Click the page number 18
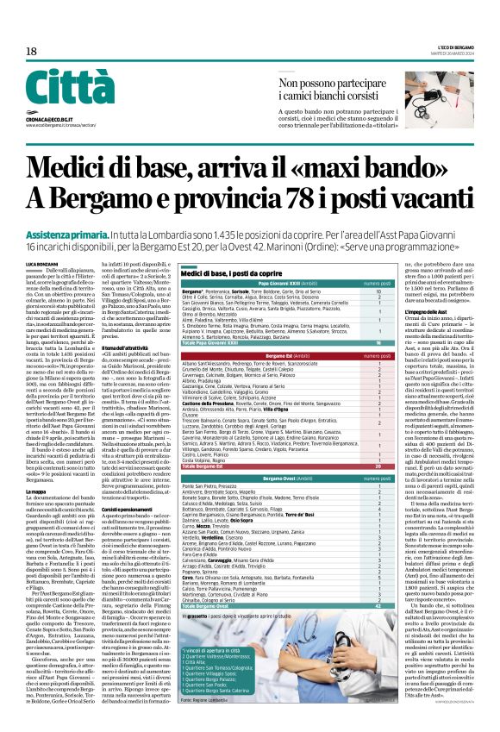pos(32,52)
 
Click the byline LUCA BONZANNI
pos(41,238)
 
